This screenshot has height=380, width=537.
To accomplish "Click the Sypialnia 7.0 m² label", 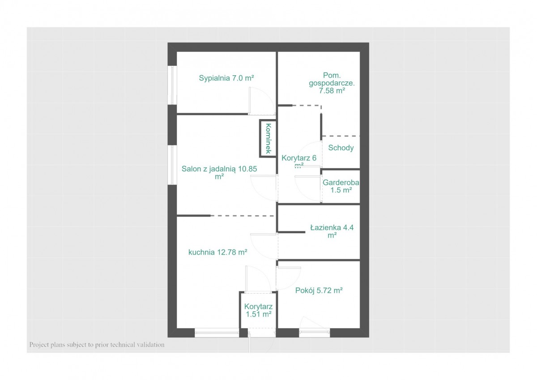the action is click(x=226, y=78).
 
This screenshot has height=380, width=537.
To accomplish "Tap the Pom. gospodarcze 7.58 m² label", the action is click(x=332, y=83).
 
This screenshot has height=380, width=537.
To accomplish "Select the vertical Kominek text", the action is click(x=268, y=138).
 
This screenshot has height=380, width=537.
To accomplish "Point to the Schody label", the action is click(x=341, y=148).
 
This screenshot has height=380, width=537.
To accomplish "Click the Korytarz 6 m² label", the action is click(x=299, y=161).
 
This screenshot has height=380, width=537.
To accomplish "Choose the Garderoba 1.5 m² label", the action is click(x=341, y=186).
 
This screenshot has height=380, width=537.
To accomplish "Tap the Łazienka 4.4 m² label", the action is click(x=332, y=231).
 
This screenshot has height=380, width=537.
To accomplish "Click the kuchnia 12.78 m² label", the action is click(x=217, y=252).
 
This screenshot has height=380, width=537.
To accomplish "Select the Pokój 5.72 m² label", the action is click(x=319, y=290).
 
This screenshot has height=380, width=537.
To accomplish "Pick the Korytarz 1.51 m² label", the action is click(x=259, y=310).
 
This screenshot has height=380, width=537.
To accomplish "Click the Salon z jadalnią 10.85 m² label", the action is click(x=219, y=173).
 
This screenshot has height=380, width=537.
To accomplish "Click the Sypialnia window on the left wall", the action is click(x=172, y=85).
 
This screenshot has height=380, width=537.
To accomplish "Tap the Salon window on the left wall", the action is click(x=172, y=165).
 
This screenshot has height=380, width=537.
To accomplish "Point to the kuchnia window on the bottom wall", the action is click(x=217, y=333).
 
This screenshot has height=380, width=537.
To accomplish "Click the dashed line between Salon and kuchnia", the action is click(x=243, y=216).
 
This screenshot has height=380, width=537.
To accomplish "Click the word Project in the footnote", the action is click(x=39, y=345).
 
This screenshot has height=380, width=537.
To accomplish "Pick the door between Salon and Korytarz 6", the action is click(x=264, y=188).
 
